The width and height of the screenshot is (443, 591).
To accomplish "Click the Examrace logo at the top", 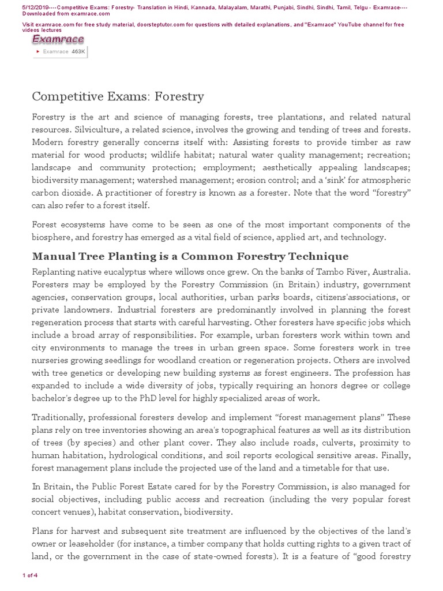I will [x=58, y=40].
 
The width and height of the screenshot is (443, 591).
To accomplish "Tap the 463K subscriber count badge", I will [x=78, y=51].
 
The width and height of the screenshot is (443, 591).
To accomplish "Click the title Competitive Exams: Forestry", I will [x=118, y=96].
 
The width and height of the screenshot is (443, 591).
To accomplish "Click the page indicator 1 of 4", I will [x=29, y=575].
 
